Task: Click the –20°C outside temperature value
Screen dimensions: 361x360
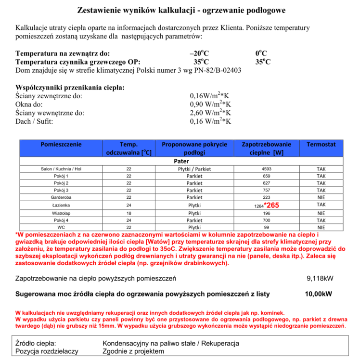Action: click(x=200, y=53)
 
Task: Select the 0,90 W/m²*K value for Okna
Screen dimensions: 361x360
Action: click(x=210, y=104)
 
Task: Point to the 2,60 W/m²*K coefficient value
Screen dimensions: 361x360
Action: click(x=210, y=113)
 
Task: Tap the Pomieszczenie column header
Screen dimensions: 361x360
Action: click(x=61, y=144)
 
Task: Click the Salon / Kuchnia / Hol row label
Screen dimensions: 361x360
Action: click(x=61, y=169)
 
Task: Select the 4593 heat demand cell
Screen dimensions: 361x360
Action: click(x=266, y=169)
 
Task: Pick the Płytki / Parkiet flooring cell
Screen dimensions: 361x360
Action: click(x=194, y=169)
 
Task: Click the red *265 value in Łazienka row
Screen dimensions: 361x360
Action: click(x=272, y=205)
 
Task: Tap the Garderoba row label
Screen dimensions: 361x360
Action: click(x=61, y=198)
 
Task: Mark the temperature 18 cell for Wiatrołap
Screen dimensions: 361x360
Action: click(x=129, y=212)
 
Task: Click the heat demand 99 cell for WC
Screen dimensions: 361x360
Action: click(x=266, y=227)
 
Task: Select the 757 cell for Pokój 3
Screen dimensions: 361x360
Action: click(x=266, y=191)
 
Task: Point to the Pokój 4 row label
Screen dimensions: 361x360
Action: click(x=61, y=219)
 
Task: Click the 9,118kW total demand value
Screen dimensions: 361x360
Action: click(x=319, y=278)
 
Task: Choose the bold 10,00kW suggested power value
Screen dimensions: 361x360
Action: click(x=319, y=294)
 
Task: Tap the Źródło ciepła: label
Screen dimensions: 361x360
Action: click(x=36, y=344)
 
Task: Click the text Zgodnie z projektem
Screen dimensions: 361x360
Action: click(x=133, y=351)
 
